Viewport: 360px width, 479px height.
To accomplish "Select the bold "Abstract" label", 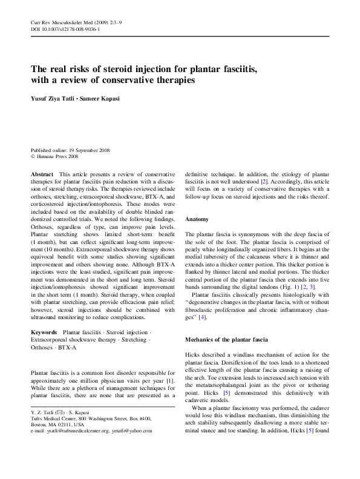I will pos(42,174).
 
